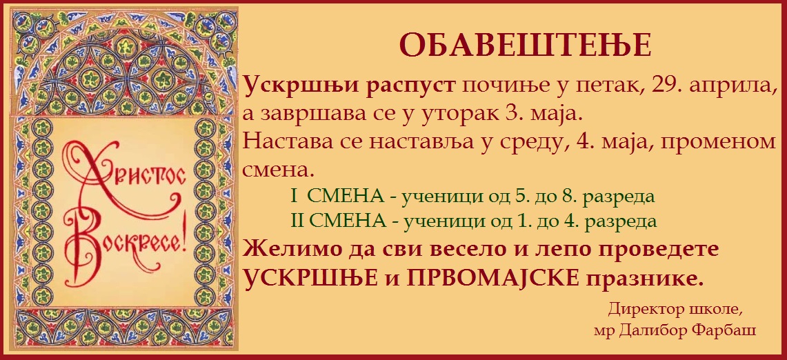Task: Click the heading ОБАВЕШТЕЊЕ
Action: point(525,45)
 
